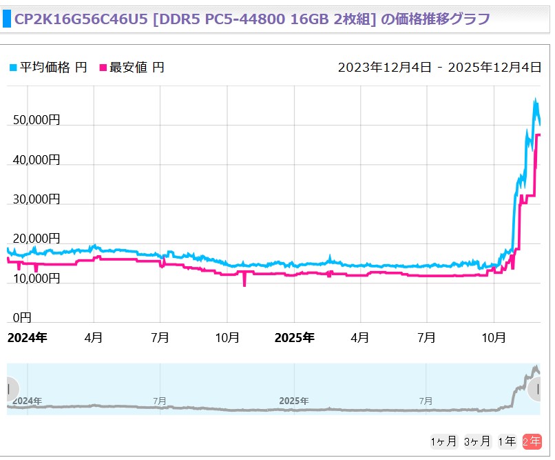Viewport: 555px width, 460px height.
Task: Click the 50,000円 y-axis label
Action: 36,120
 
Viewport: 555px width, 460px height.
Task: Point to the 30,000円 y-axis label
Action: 36,199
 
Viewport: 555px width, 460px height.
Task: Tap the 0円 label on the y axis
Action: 23,318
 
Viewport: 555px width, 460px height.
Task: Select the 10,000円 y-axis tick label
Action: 36,279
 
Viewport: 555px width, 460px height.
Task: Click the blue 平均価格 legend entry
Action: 48,67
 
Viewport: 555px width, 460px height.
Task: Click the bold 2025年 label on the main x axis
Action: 294,338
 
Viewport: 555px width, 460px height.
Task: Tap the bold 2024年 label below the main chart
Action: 27,338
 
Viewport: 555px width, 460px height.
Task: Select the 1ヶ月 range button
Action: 443,441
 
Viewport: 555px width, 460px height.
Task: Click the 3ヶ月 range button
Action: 477,441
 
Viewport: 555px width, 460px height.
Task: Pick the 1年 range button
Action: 507,441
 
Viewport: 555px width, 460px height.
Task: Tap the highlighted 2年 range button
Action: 532,441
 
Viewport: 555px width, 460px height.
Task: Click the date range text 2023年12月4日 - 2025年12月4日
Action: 439,67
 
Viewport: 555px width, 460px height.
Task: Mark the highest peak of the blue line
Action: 535,99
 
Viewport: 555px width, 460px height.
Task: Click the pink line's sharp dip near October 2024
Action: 244,284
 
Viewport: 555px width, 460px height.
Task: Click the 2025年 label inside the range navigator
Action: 294,401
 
